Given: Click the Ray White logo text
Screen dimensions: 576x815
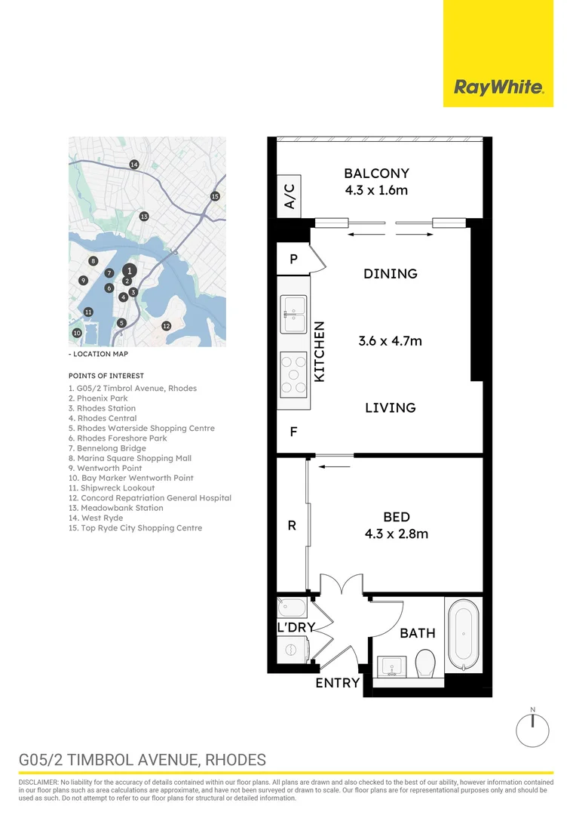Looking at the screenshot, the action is pos(498,87).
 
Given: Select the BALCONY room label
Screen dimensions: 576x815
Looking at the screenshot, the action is pos(376,173).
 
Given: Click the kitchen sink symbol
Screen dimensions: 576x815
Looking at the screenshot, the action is pos(293,314).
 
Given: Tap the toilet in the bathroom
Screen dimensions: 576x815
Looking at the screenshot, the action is pos(425,663).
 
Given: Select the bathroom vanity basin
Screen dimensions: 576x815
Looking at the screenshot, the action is pos(392,666).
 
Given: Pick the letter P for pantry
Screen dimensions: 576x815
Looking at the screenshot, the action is pos(293,259).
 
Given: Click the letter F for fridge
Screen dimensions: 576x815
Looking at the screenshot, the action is pos(293,432).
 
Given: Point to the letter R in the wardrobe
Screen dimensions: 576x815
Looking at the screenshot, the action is pos(292,525).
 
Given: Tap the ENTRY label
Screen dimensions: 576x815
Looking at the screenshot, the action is pos(338,682).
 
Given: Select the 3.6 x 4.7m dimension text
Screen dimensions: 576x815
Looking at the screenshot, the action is pos(390,341).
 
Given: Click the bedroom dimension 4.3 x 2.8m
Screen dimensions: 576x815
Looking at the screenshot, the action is pos(397,534).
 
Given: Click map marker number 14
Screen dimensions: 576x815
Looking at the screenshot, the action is pos(134,165).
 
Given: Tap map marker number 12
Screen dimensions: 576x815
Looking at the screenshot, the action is pos(166,326).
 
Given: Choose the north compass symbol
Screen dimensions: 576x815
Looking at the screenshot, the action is pos(532,729).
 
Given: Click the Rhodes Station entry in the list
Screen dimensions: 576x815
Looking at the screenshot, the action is pos(103,408).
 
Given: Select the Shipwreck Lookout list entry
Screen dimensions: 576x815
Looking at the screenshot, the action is pos(112,488).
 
